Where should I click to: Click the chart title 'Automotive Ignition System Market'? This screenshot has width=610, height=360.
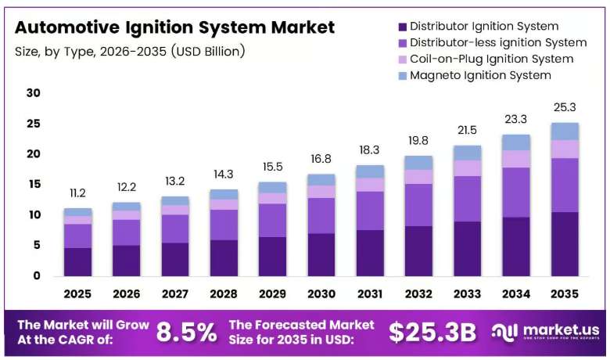174,27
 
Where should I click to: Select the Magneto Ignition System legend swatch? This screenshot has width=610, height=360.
403,76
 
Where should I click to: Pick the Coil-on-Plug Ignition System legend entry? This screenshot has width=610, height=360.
486,59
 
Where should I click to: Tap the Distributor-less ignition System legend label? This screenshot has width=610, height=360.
498,42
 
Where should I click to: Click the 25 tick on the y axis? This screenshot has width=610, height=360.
34,124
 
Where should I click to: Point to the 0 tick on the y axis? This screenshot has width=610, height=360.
37,276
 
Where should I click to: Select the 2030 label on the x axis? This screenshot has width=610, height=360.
321,293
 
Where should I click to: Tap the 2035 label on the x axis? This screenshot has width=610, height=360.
565,293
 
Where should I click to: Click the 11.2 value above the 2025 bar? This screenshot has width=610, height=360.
77,193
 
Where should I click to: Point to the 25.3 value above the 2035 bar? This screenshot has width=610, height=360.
565,107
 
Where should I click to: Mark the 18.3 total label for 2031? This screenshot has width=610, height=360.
370,149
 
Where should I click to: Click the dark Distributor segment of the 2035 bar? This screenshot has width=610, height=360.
565,244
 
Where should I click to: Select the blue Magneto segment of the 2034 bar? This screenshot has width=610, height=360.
516,142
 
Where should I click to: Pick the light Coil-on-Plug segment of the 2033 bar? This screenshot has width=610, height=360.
467,168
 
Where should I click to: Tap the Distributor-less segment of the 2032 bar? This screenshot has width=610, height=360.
418,205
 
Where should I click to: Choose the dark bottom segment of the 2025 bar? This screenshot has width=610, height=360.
77,262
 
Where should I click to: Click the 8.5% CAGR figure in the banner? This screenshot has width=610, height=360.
187,333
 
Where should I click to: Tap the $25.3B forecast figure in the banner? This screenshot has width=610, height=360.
432,333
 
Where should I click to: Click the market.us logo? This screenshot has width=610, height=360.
545,332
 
